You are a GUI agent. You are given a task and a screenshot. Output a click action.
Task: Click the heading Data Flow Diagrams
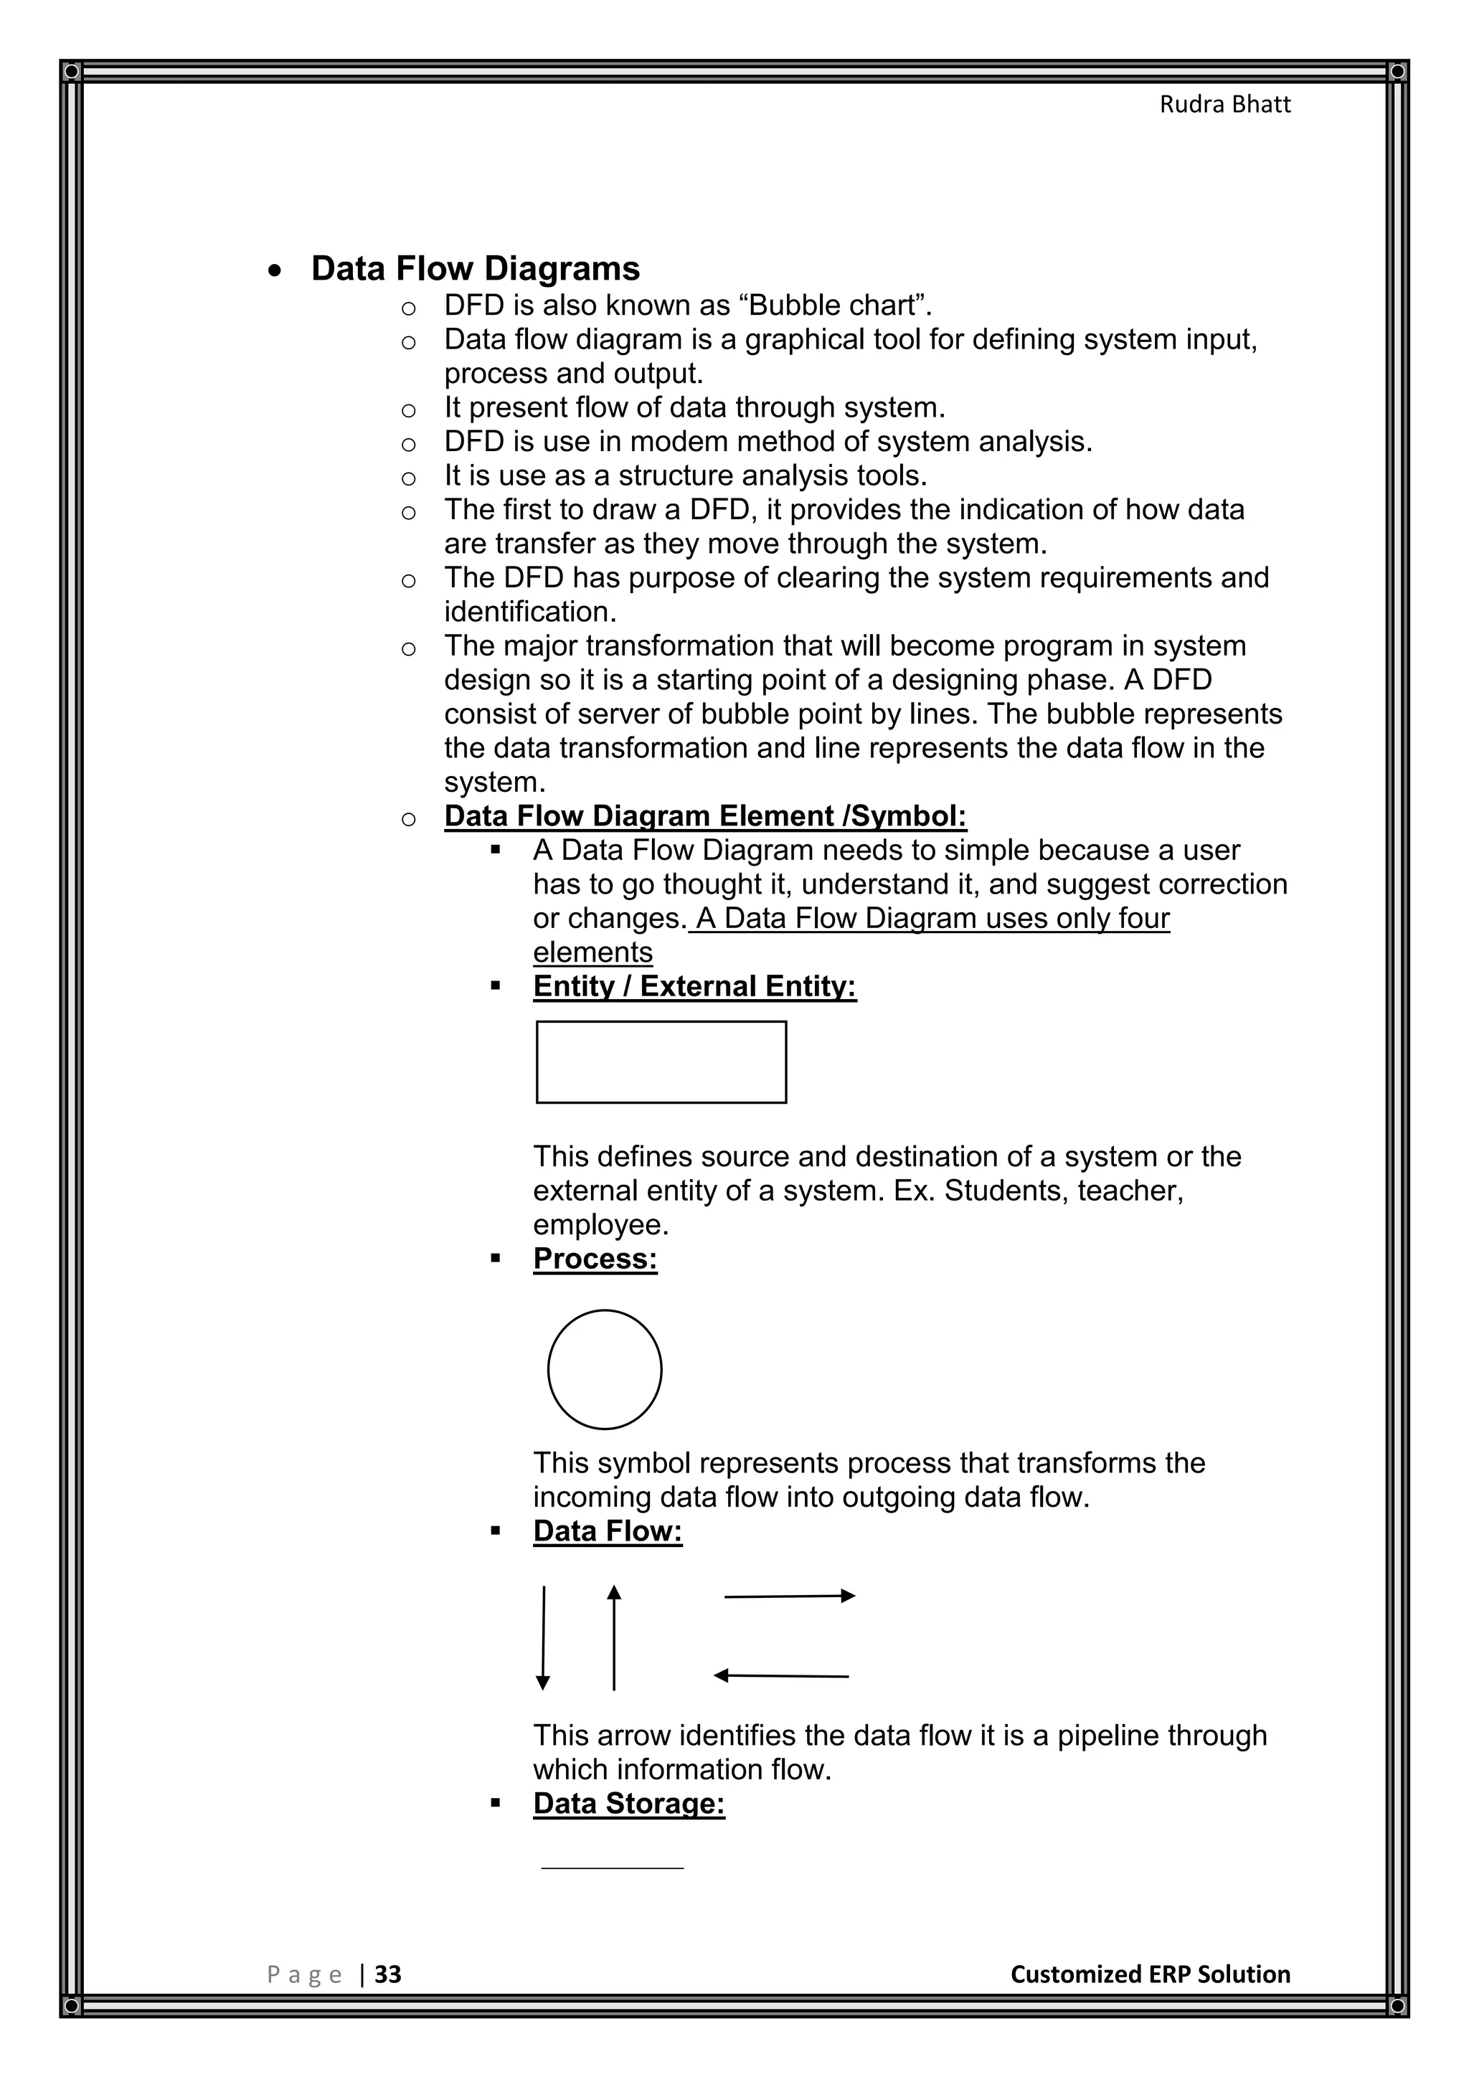coord(475,269)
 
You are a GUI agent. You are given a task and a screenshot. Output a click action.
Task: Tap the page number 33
coord(388,1974)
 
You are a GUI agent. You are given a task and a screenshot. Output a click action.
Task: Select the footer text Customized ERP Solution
coord(1150,1974)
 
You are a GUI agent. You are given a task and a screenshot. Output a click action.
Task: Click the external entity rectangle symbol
coord(661,1062)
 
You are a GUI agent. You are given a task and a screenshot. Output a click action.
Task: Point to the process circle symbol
coord(604,1370)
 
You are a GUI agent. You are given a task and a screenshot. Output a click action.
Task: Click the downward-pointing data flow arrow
coord(543,1637)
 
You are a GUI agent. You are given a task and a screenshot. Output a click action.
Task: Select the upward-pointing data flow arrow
coord(614,1637)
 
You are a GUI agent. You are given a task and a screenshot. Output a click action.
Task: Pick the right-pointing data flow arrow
coord(789,1596)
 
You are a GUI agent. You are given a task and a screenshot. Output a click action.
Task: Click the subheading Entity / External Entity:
coord(694,986)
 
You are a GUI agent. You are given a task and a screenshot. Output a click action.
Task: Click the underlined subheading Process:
coord(595,1259)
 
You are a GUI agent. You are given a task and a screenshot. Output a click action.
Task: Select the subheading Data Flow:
coord(607,1530)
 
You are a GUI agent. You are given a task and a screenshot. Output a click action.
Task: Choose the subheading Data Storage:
coord(628,1803)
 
